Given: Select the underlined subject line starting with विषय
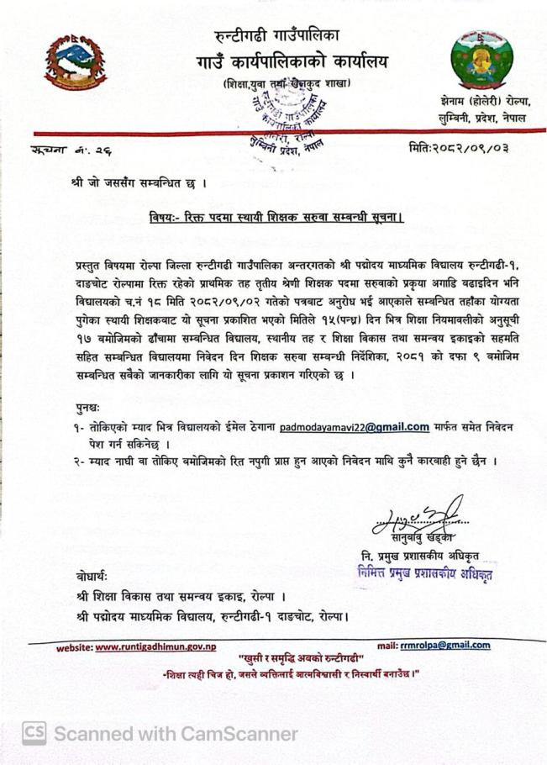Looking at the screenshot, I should click(277, 216).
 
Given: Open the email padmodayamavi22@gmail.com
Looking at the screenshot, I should click(355, 427).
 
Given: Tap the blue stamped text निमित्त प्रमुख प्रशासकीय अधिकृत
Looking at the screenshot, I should click(424, 575).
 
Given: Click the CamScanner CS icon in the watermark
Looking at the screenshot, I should click(34, 733).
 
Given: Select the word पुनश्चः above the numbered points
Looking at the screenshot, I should click(87, 408).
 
